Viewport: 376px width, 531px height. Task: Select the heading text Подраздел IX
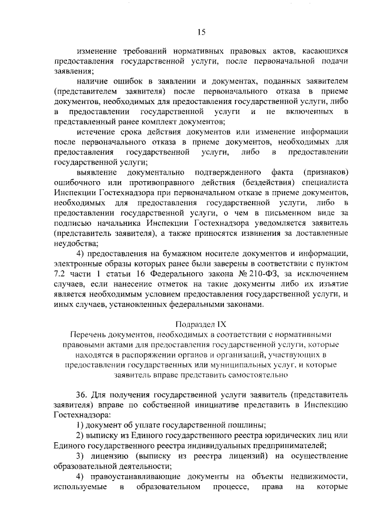coord(202,324)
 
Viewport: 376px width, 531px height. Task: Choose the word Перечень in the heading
coord(84,334)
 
